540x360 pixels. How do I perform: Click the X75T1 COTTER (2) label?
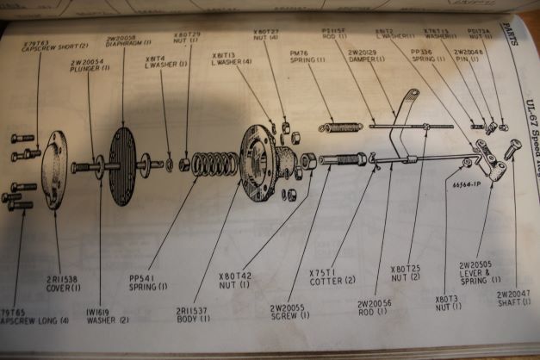pos(326,274)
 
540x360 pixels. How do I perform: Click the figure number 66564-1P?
pos(465,183)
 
